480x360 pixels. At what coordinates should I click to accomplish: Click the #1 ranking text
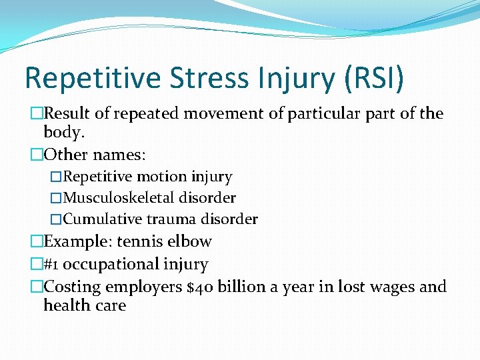click(x=50, y=265)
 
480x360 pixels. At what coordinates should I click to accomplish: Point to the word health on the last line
click(x=65, y=305)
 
